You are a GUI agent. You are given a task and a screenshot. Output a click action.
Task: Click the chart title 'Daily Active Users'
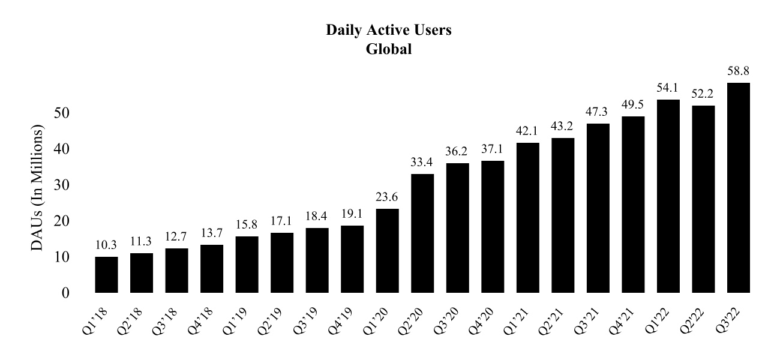tap(389, 31)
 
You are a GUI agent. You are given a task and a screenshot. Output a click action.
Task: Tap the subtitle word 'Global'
tap(389, 49)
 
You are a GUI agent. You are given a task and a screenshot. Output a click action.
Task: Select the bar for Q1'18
tap(107, 275)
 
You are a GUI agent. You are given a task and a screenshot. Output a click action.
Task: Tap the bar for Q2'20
tap(422, 233)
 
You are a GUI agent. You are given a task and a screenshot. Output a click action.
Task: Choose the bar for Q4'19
tap(352, 259)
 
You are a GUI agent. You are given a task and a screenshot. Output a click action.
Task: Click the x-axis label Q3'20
tap(451, 320)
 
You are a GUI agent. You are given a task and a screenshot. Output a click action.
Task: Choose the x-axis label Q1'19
tap(241, 320)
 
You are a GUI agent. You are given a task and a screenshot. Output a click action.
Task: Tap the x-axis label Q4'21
tap(626, 320)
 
